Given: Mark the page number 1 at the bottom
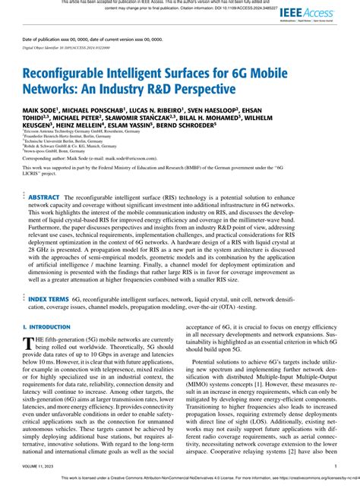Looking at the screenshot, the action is (x=335, y=467).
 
